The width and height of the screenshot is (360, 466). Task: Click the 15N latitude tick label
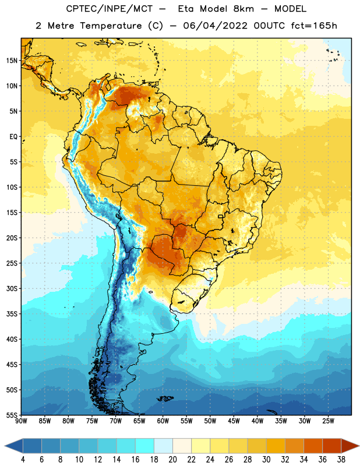point(12,61)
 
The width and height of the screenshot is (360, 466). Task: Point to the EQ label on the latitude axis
point(13,137)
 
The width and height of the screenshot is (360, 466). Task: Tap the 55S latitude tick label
point(12,415)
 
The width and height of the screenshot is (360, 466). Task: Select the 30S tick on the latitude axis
point(12,288)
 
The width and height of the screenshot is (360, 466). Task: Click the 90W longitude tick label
point(21,421)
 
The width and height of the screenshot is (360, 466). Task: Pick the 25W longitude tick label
point(328,421)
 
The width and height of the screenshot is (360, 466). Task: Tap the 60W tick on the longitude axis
point(163,421)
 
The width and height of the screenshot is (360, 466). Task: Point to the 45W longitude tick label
point(234,421)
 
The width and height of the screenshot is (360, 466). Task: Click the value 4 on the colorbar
point(23,460)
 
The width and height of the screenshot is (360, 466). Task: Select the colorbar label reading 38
point(341,460)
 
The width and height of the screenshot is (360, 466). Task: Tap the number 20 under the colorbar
point(172,460)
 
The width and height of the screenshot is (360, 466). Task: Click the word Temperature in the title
point(111,26)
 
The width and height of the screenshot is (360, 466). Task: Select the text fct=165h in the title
point(314,26)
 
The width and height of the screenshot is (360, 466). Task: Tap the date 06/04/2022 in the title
point(215,26)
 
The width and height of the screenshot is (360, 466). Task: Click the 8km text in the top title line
point(243,9)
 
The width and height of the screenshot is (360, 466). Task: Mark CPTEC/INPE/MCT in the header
point(110,9)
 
